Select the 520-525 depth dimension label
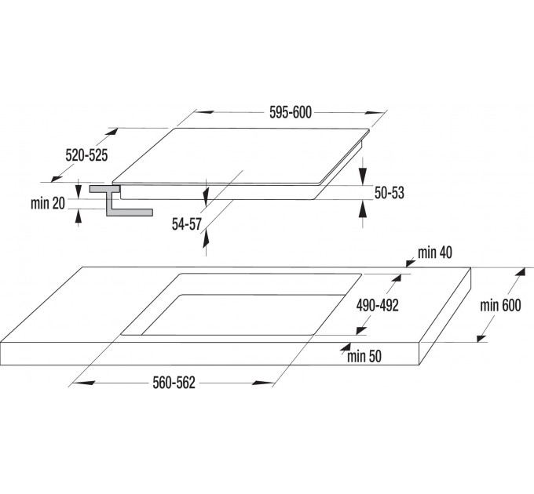click(86, 156)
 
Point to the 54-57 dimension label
click(188, 224)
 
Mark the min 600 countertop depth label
click(501, 306)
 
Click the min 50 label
click(364, 358)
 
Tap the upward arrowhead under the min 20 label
click(78, 216)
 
